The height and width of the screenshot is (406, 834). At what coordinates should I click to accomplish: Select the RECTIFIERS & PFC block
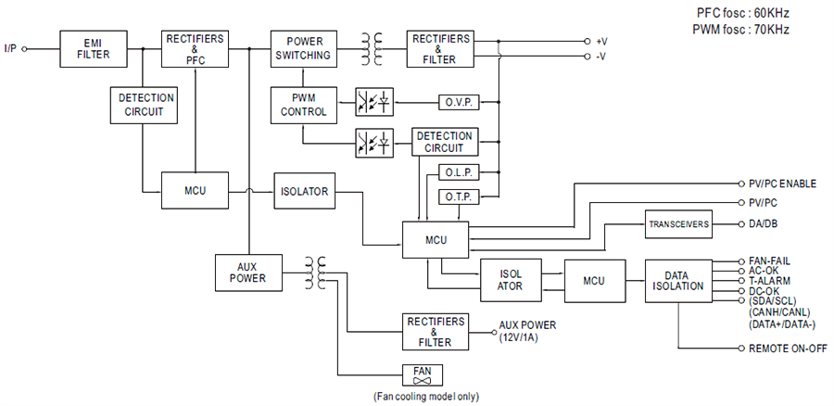(195, 48)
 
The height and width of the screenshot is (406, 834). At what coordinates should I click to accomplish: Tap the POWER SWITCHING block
(301, 48)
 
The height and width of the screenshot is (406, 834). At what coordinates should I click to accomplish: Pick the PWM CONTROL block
(301, 105)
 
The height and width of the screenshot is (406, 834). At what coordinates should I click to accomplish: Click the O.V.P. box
(457, 100)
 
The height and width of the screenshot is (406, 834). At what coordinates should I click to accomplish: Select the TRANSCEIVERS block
(677, 224)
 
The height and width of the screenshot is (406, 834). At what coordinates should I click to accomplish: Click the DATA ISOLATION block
(678, 280)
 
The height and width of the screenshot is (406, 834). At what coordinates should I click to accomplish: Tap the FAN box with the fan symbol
(422, 375)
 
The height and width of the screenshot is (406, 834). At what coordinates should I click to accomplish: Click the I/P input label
(10, 47)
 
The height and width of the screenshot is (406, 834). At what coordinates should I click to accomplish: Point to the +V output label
(600, 42)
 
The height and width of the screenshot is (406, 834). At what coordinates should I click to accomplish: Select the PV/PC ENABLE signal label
(781, 184)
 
